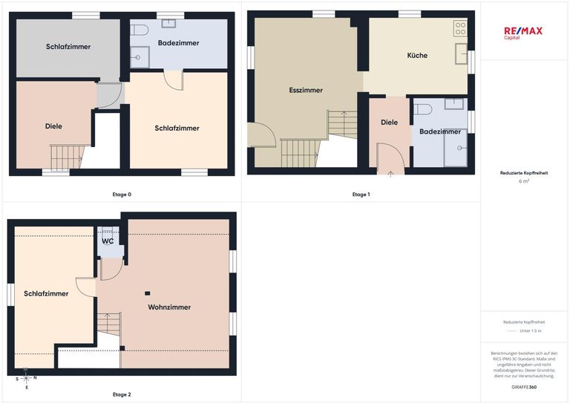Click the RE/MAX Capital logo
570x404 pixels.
coord(523,33)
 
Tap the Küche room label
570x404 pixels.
coord(417,55)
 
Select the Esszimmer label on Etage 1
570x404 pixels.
coord(306,90)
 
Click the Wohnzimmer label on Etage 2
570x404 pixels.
coord(169,307)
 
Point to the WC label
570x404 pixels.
coord(108,241)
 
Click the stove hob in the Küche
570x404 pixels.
coord(460,28)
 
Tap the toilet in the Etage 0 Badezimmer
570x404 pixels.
coord(139,30)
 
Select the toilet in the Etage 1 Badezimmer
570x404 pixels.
coord(423,109)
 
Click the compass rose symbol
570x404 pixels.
coord(26,379)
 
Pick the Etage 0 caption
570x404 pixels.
coord(122,194)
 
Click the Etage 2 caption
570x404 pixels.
coord(122,394)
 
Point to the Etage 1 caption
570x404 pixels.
coord(361,194)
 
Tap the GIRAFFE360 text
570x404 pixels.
coord(524,387)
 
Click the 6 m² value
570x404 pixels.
coord(524,181)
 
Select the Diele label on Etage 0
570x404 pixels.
coord(53,126)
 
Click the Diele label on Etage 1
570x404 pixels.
coord(389,123)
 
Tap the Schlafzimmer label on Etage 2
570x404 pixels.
coord(46,293)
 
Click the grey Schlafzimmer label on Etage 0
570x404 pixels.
coord(68,47)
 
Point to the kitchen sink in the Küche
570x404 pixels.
coord(462,53)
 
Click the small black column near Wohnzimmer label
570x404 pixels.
coord(147,293)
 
